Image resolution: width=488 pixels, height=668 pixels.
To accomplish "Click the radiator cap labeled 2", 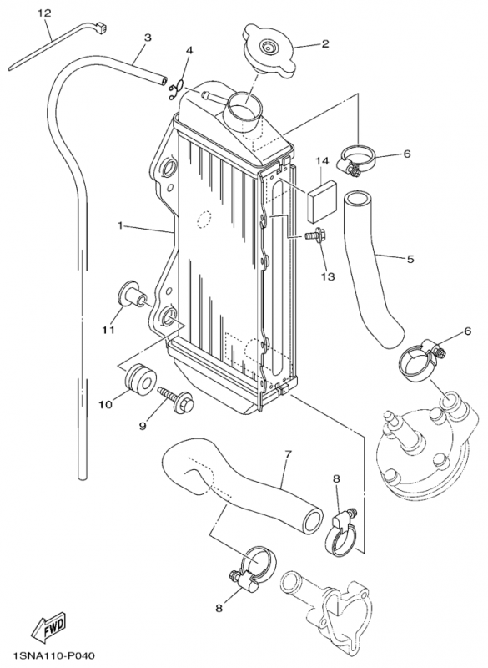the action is point(269,51).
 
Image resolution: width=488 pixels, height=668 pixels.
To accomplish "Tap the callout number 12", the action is point(44,13).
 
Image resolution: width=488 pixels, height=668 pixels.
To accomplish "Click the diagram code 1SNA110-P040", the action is point(54,655).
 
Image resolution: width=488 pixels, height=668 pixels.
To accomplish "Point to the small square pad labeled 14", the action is point(321,201).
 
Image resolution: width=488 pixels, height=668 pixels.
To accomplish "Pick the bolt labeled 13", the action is point(314,235).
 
